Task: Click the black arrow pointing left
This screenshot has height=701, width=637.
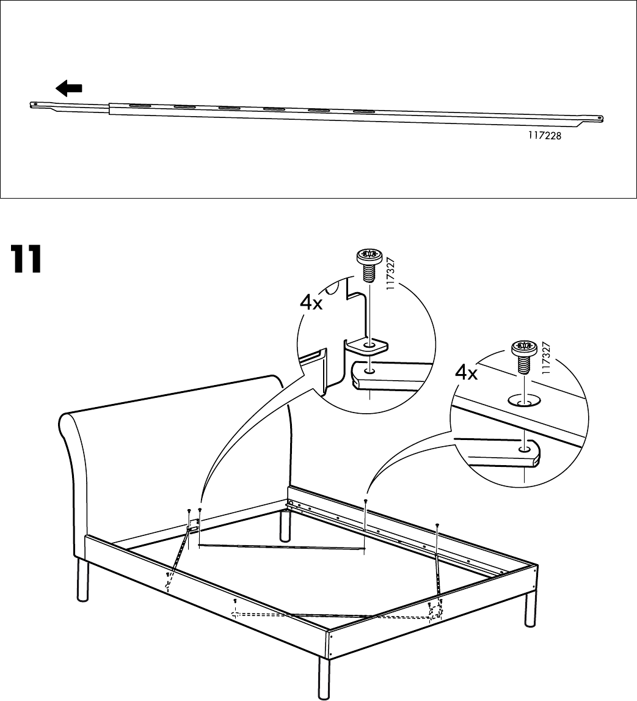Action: coord(69,89)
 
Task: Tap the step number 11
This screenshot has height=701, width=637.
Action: coord(25,260)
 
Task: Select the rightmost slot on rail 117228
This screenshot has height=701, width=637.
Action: coord(364,112)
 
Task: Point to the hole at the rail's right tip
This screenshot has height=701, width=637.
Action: coord(600,119)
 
